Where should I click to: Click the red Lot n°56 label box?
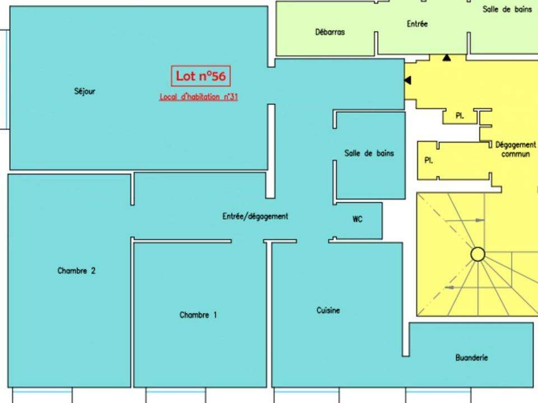click(201, 76)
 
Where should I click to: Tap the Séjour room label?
click(85, 91)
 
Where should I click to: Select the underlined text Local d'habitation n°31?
click(198, 97)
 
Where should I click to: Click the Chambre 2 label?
click(77, 271)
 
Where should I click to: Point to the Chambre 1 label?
click(198, 315)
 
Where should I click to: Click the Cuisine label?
click(328, 311)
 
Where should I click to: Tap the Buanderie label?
click(472, 358)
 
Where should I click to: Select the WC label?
click(358, 219)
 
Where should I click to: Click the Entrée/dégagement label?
click(256, 216)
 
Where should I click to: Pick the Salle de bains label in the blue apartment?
click(369, 153)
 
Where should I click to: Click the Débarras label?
click(330, 32)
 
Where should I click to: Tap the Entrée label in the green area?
click(417, 24)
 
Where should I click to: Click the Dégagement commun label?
click(516, 149)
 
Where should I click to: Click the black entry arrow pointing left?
click(407, 80)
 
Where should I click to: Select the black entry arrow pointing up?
click(447, 58)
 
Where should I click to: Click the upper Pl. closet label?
click(460, 116)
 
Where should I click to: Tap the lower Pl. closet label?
click(429, 161)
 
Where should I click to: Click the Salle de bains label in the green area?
click(507, 10)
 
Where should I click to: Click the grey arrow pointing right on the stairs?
click(465, 221)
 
